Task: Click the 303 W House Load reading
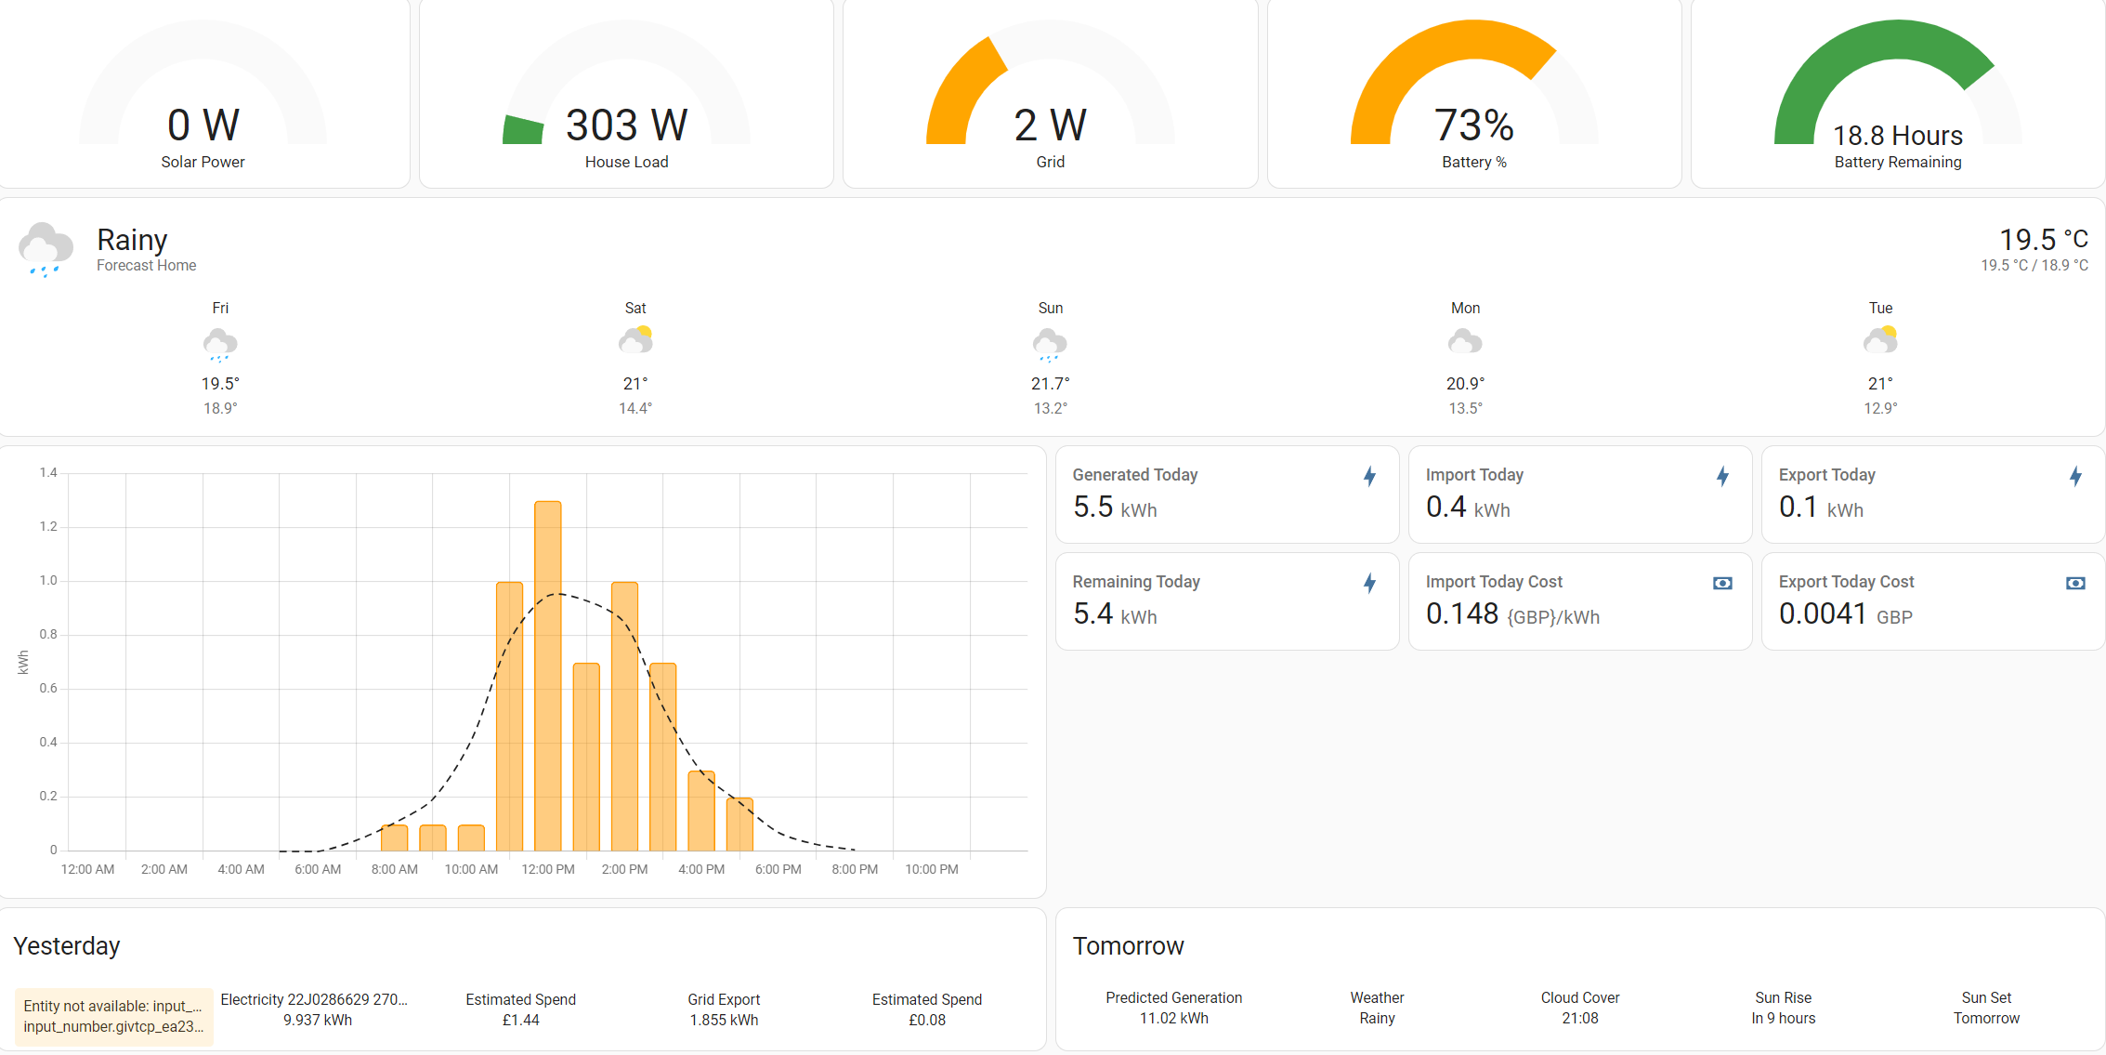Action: [x=627, y=125]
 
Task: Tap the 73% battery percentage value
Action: [x=1474, y=125]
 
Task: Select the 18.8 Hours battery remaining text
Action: [x=1898, y=136]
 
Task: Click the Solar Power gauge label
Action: [x=203, y=162]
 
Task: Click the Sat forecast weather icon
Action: [x=635, y=341]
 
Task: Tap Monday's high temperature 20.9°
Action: [x=1465, y=383]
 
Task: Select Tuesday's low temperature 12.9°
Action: [x=1880, y=408]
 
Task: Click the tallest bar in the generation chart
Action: [x=548, y=676]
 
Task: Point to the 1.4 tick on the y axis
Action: [x=48, y=473]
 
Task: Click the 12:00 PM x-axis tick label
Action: [x=548, y=869]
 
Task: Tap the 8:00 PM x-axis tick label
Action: [x=855, y=869]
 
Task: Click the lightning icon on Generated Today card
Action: [x=1369, y=477]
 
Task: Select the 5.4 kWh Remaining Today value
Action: [x=1115, y=614]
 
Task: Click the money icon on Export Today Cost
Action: [x=2075, y=583]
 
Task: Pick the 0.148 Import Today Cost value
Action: [x=1462, y=614]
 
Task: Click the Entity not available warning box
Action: [x=113, y=1016]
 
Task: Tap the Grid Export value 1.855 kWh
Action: [x=724, y=1020]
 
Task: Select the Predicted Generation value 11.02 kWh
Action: [x=1174, y=1018]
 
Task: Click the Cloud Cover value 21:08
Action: [x=1580, y=1018]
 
